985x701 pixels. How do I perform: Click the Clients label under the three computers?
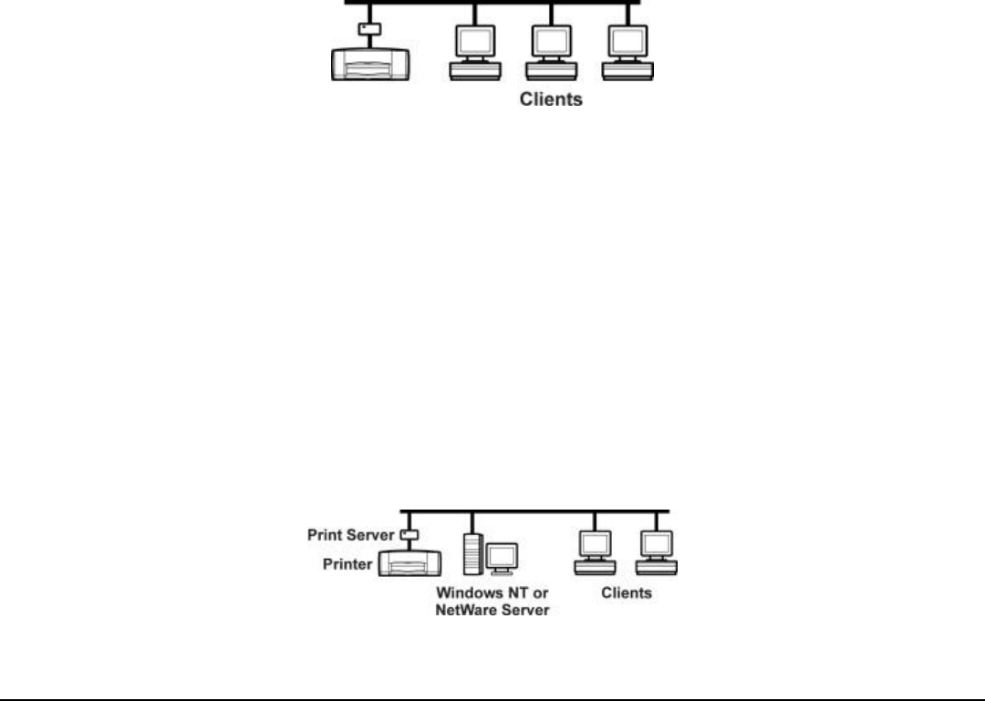[551, 99]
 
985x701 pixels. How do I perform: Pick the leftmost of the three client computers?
[474, 51]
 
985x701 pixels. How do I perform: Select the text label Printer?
[347, 564]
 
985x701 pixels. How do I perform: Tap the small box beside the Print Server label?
[409, 534]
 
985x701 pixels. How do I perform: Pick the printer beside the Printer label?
[410, 562]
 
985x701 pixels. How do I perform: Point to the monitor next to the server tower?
[501, 558]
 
